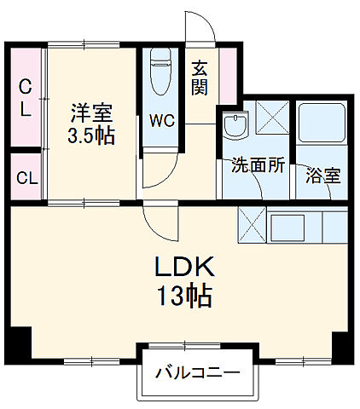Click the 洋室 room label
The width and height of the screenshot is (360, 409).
coord(91,112)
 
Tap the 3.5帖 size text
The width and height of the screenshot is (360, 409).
coord(91,135)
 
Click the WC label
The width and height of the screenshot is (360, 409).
coord(162,120)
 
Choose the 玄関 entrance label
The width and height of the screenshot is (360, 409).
coord(200,77)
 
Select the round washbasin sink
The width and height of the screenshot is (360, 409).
coord(233,126)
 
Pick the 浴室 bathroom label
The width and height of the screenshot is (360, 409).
coord(323,176)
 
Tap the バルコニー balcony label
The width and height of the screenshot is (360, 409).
coord(197,372)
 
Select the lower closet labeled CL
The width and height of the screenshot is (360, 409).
coord(26,178)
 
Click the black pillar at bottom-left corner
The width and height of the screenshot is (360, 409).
coord(18,344)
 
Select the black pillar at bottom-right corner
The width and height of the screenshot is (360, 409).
coord(342,346)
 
